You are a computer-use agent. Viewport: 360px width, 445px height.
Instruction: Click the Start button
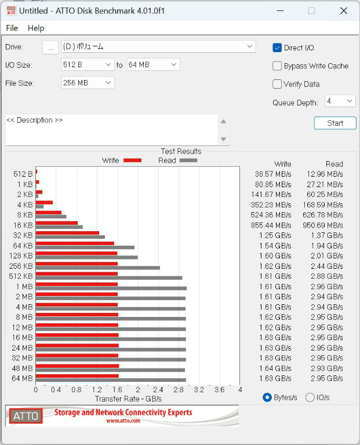[335, 123]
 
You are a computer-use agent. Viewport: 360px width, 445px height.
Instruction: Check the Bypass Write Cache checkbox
[277, 66]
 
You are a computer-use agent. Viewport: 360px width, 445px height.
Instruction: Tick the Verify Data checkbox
[277, 84]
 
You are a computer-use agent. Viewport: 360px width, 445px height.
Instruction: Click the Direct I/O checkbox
[277, 48]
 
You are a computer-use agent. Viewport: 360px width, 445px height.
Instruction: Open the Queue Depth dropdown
[340, 101]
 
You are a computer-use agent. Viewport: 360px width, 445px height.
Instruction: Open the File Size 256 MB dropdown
[88, 83]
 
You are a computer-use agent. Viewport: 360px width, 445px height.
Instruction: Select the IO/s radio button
[310, 397]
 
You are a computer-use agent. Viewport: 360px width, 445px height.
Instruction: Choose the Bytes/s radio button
[267, 397]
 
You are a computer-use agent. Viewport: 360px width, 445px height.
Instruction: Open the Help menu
[36, 28]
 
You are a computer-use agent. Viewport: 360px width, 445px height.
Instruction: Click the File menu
[12, 28]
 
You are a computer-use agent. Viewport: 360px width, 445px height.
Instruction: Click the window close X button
[344, 11]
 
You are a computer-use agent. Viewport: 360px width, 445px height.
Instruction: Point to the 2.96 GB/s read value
[327, 287]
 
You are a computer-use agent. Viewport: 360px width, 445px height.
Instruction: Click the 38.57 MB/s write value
[273, 174]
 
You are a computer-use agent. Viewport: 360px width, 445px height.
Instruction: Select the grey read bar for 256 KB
[97, 268]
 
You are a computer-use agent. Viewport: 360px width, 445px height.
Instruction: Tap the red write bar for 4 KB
[44, 203]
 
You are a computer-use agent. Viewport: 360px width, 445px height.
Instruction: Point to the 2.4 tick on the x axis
[158, 389]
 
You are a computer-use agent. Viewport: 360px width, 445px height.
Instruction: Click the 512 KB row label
[21, 276]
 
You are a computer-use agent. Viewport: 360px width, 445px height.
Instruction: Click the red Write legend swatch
[132, 161]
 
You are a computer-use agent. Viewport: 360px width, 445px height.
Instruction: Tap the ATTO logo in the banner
[26, 416]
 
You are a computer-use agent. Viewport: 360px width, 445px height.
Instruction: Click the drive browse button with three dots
[50, 47]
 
